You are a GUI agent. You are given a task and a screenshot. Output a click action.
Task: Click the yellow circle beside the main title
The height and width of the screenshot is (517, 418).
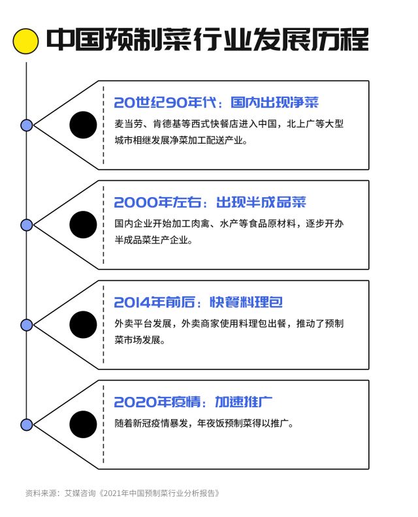coord(25,41)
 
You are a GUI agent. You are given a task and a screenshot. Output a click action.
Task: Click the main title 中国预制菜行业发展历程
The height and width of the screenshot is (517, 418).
coord(207,40)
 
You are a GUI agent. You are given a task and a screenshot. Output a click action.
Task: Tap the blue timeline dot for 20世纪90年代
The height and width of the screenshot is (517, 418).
coord(26,125)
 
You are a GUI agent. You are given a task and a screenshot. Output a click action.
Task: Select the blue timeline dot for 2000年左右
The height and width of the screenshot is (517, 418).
coord(26,225)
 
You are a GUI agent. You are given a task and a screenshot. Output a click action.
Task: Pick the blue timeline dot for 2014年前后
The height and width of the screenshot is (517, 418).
coord(26,325)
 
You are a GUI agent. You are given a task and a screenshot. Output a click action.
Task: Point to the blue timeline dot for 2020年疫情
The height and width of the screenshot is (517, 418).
coord(26,425)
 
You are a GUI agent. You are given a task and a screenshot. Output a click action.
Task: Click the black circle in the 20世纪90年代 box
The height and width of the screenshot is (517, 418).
coord(83,125)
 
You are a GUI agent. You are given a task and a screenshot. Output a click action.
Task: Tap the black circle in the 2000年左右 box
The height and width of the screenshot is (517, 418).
coord(83,225)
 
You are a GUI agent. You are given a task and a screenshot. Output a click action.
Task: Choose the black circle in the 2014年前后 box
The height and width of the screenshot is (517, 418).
coord(83,324)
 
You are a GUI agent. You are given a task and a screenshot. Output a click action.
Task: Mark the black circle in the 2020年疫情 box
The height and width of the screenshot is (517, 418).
coord(83,424)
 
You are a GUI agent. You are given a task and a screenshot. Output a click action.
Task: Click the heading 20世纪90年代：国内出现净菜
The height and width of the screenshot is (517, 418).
coord(216,102)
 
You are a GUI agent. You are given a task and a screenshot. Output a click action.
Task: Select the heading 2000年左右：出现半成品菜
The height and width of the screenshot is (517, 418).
coord(210,202)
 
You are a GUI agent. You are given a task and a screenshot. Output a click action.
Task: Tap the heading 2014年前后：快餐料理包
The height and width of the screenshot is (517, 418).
coord(199,302)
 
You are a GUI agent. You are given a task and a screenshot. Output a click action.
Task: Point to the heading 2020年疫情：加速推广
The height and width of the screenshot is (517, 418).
coord(193,402)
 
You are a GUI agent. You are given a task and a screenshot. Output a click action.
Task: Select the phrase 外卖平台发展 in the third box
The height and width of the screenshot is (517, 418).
coord(143,324)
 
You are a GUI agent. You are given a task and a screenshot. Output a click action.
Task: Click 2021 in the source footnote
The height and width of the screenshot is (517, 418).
coord(112,493)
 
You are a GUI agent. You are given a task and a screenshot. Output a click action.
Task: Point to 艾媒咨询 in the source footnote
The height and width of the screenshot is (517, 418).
coord(80,493)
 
